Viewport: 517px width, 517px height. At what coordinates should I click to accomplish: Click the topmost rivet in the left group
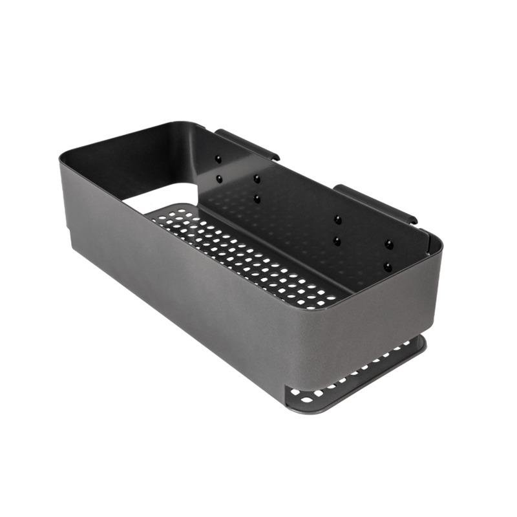218,158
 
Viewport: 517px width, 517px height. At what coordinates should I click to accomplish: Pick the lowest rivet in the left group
257,198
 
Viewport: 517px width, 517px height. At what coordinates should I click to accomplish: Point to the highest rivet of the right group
337,220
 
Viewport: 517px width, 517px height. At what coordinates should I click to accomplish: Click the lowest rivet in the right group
388,266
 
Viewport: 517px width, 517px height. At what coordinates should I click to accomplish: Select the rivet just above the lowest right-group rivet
388,244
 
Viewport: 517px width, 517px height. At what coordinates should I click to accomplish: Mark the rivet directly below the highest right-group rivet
337,241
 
